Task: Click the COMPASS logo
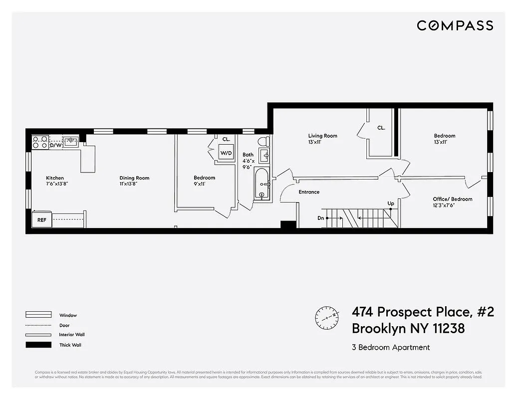(x=455, y=25)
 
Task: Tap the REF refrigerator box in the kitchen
(x=42, y=219)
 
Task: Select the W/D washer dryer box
(x=226, y=153)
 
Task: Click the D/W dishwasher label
(x=55, y=146)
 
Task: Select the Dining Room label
(x=134, y=178)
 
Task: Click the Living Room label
(x=322, y=136)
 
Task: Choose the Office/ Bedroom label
(x=452, y=199)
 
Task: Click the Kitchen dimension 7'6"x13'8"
(x=56, y=184)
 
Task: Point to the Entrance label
(x=309, y=192)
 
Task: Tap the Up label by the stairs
(x=391, y=203)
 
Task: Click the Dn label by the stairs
(x=320, y=218)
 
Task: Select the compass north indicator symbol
(x=327, y=317)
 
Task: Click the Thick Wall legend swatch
(x=38, y=345)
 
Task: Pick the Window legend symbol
(x=38, y=315)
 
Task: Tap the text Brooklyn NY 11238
(x=408, y=329)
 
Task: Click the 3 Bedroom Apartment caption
(x=391, y=347)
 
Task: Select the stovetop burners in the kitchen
(x=40, y=143)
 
